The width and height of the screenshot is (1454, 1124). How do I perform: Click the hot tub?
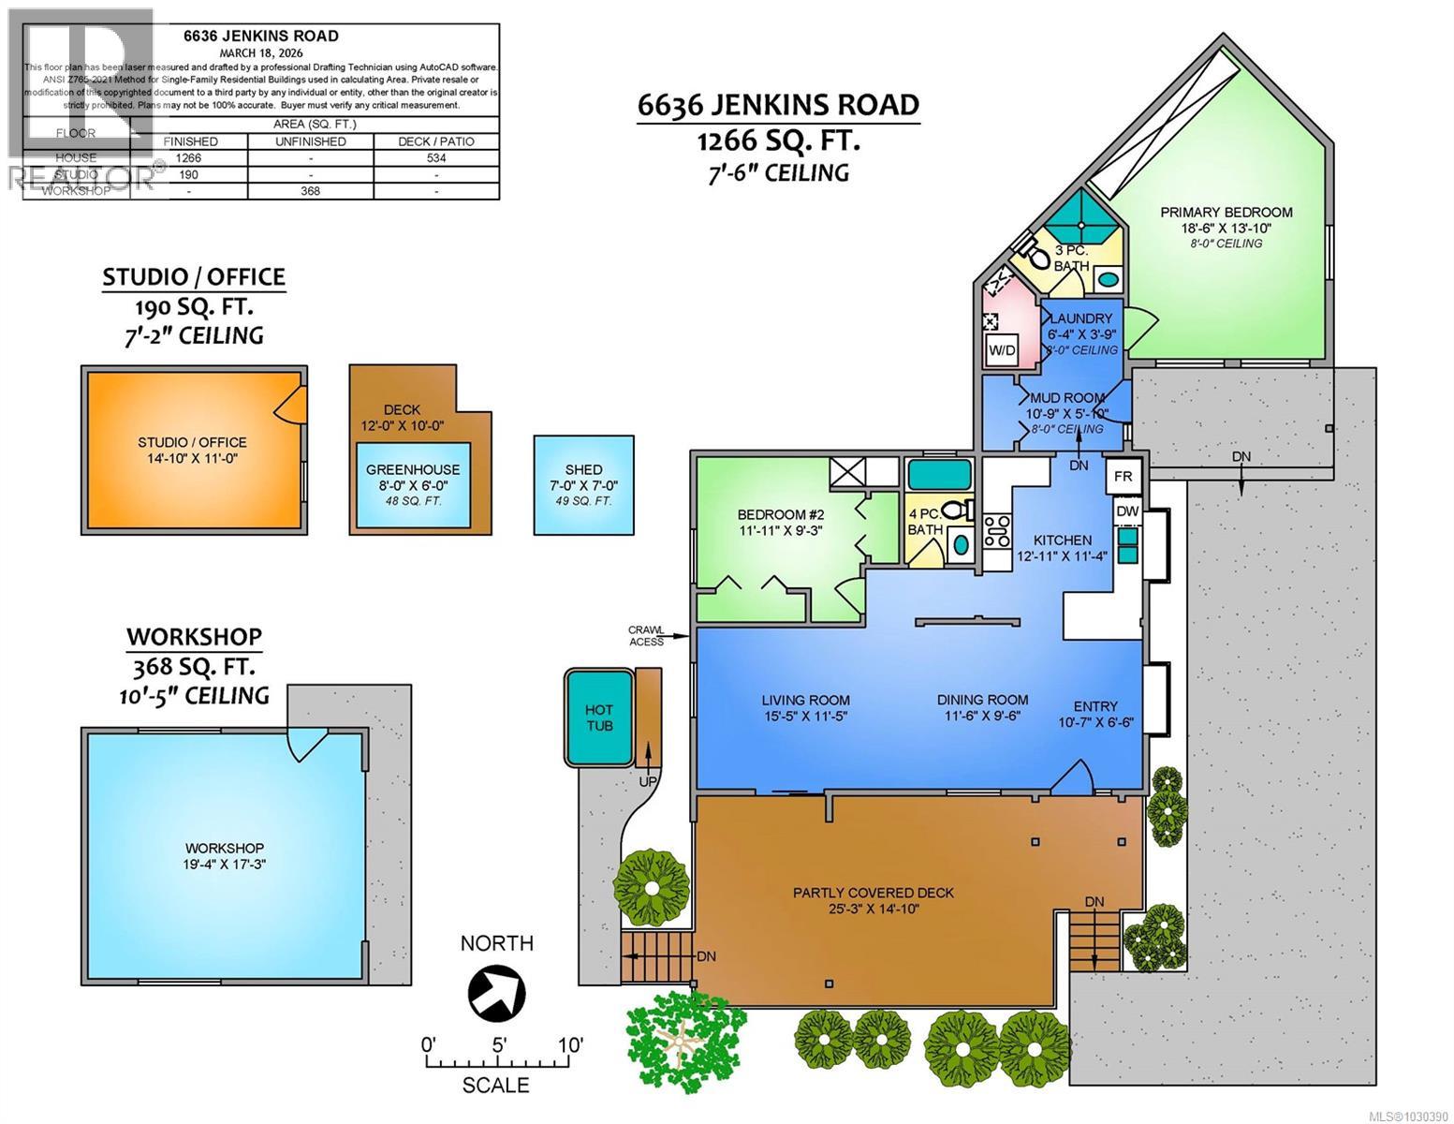coord(597,717)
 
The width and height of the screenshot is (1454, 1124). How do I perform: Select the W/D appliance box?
coord(1002,350)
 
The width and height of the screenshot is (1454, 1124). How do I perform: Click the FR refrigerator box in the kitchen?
coord(1123,477)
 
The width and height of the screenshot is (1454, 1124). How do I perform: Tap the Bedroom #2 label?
coord(772,514)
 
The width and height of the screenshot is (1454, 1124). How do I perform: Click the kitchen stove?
coord(996,532)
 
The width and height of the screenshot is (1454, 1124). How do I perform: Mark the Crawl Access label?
coord(646,635)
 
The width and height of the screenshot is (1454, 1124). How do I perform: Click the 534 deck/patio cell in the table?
coord(435,158)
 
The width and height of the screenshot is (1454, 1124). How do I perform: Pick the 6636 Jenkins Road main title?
coord(778,105)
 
